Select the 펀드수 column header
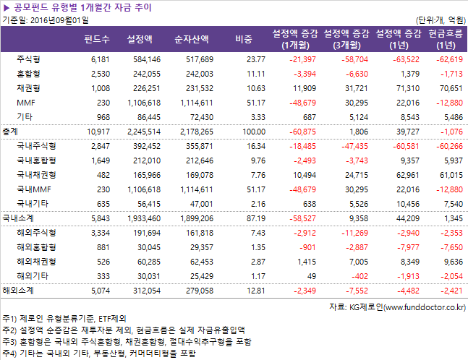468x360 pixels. tap(97, 38)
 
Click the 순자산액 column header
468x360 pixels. tap(192, 38)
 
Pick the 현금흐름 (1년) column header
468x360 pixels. tap(446, 38)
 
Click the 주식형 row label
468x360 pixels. tap(28, 59)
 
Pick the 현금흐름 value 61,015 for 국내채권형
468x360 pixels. tap(448, 174)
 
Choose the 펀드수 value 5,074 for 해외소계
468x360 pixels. tap(98, 290)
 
